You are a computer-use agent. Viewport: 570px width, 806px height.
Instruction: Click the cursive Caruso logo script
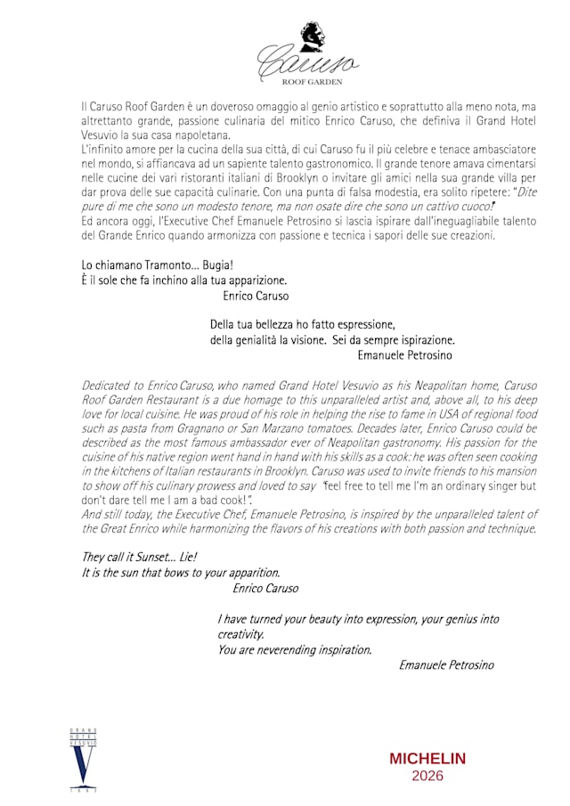[x=306, y=61]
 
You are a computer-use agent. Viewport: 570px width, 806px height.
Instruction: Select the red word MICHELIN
[x=427, y=759]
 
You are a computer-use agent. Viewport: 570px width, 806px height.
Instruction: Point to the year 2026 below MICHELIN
[x=427, y=776]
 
